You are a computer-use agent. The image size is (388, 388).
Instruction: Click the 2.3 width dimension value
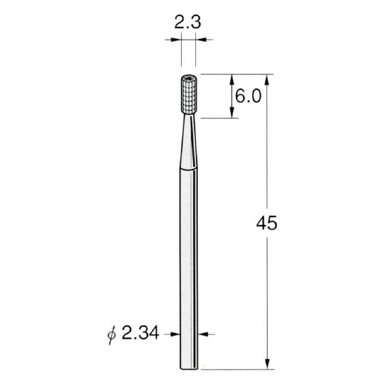coord(188,22)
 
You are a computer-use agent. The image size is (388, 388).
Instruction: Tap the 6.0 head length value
coord(248,96)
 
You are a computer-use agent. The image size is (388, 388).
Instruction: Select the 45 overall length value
coord(266,223)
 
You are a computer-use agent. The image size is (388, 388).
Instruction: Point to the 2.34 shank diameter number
coord(140,334)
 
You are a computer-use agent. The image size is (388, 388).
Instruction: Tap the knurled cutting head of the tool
coord(189,94)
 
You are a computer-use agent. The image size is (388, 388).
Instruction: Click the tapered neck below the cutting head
coord(189,142)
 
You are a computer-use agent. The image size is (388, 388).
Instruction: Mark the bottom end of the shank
coord(189,369)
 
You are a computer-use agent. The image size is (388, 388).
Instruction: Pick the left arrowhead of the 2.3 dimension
coord(177,39)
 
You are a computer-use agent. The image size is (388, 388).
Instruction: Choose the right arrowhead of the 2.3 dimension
coord(200,39)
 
